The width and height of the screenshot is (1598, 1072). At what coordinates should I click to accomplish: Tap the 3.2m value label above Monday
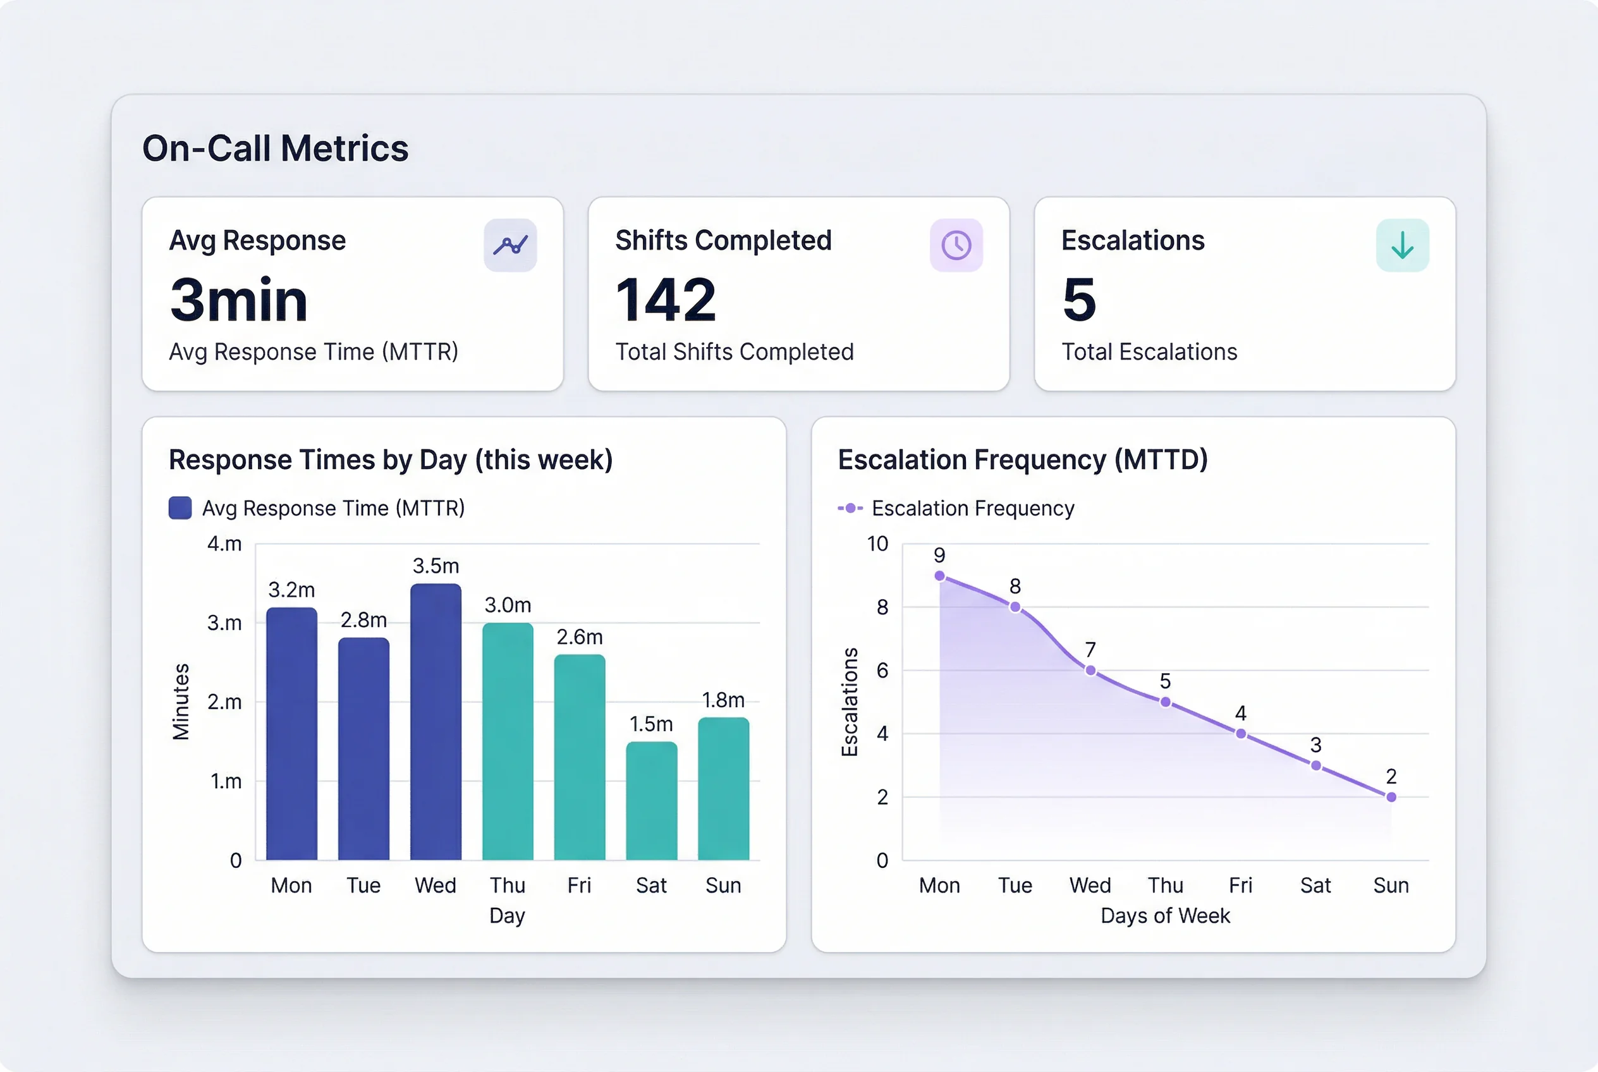(x=291, y=589)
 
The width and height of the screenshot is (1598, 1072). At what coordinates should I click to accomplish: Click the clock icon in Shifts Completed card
(x=956, y=245)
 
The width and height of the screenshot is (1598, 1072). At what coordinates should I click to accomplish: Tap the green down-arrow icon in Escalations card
(x=1402, y=245)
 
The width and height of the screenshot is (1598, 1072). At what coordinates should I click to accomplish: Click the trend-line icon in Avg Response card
(x=510, y=245)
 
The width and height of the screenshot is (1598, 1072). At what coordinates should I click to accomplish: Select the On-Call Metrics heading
(x=275, y=149)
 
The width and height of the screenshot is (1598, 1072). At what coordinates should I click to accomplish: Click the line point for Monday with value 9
(x=939, y=576)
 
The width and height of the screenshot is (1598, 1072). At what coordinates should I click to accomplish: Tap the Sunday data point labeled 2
(x=1391, y=796)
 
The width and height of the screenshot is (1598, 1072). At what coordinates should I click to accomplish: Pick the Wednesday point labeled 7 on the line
(x=1090, y=670)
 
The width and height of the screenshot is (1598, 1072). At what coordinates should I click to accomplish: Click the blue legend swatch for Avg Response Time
(x=180, y=508)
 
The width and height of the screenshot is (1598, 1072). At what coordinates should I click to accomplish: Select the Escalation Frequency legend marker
(x=850, y=508)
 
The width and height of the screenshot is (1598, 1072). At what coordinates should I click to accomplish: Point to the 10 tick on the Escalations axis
(x=877, y=544)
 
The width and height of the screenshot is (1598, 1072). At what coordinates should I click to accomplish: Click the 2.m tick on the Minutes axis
(x=224, y=702)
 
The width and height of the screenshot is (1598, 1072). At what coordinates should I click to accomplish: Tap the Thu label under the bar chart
(x=508, y=886)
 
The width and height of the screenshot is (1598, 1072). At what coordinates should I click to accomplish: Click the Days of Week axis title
(x=1164, y=915)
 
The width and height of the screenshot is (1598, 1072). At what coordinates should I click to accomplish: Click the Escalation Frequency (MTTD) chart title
(x=1022, y=460)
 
